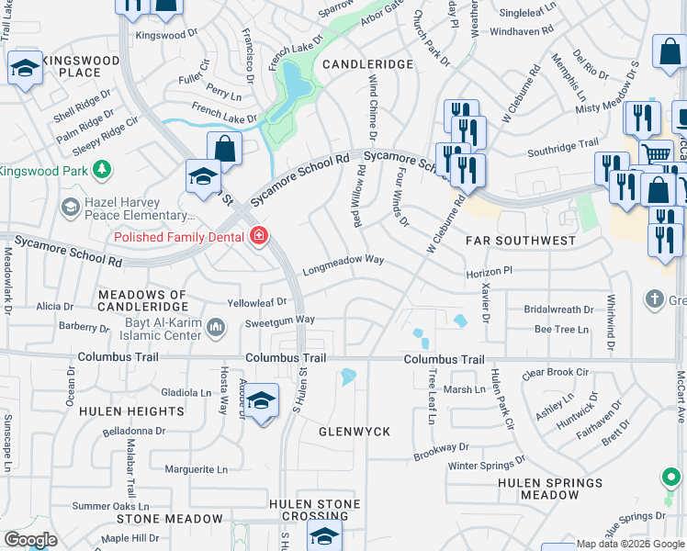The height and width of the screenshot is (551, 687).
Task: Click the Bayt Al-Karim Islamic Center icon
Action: tap(216, 327)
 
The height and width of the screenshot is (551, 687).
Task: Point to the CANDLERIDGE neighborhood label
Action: tap(368, 64)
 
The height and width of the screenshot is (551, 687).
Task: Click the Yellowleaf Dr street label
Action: tap(257, 301)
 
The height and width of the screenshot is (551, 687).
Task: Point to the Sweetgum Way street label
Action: tap(280, 320)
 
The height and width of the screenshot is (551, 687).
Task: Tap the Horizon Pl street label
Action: tap(488, 273)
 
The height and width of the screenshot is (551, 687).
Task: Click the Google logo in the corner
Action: tap(30, 540)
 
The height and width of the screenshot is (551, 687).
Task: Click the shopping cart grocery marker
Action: tap(655, 153)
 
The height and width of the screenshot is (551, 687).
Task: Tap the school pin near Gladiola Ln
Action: tap(262, 400)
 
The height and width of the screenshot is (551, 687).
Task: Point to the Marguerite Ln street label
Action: tap(197, 469)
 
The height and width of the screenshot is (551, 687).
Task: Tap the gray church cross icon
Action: tap(654, 298)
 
